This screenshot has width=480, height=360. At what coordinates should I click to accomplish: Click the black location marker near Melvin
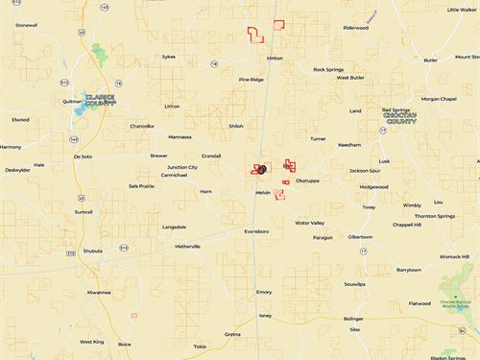[261, 169]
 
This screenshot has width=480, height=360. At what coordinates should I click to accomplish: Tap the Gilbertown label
[360, 236]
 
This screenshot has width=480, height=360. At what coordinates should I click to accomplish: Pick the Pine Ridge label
[251, 80]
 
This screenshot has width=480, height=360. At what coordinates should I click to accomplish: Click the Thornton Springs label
[434, 216]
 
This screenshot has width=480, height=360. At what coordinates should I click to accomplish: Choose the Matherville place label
[187, 247]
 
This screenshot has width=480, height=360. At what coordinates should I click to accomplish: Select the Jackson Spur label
[365, 171]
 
